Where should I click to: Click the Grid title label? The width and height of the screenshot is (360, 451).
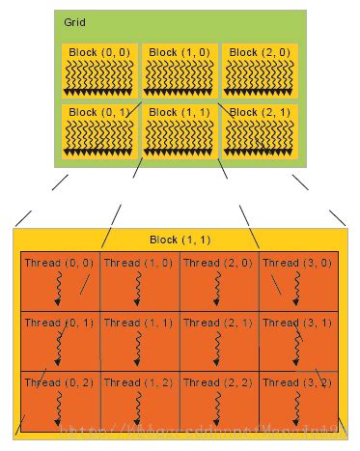pyautogui.click(x=74, y=21)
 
